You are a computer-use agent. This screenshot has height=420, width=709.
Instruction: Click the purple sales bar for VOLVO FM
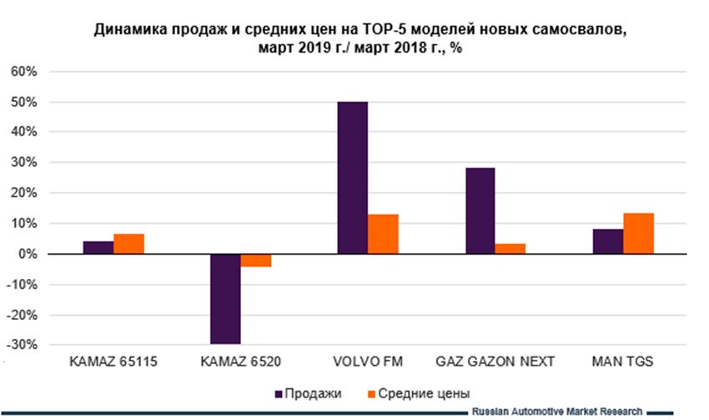(352, 178)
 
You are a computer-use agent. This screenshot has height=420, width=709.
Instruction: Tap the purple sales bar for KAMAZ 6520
(225, 299)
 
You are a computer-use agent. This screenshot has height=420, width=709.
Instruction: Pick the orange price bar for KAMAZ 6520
(256, 260)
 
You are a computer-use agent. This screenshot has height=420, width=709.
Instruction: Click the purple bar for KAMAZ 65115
(98, 247)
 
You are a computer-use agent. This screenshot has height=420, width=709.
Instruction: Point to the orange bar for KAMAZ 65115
(128, 244)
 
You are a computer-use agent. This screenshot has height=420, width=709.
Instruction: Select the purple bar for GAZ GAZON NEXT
(480, 210)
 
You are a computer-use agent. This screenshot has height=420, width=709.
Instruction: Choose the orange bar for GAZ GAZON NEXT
(510, 249)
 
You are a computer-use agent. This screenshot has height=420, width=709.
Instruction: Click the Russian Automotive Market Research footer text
(557, 412)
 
